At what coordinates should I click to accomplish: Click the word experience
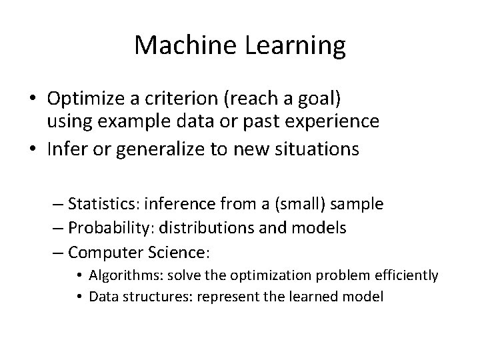coord(328,122)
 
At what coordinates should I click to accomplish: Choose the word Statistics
coord(101,203)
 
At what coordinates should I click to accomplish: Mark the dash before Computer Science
coord(57,253)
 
